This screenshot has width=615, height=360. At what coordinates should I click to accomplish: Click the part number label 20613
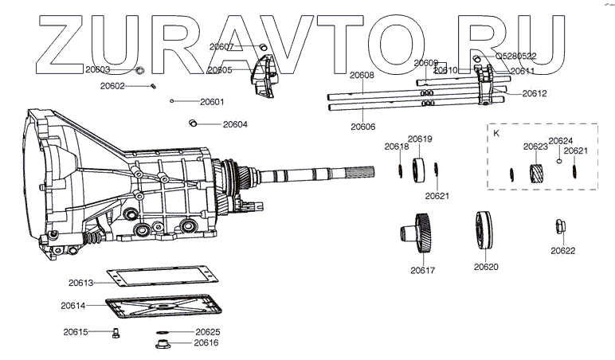(x=81, y=282)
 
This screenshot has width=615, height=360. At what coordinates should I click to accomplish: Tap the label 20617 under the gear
(x=423, y=270)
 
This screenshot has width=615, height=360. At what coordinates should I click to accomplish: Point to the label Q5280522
(x=515, y=57)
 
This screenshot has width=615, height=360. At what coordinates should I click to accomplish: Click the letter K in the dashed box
(x=496, y=134)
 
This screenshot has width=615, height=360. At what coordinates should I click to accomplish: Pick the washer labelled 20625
(x=163, y=331)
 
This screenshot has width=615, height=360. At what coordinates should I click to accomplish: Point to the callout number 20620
(x=486, y=268)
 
